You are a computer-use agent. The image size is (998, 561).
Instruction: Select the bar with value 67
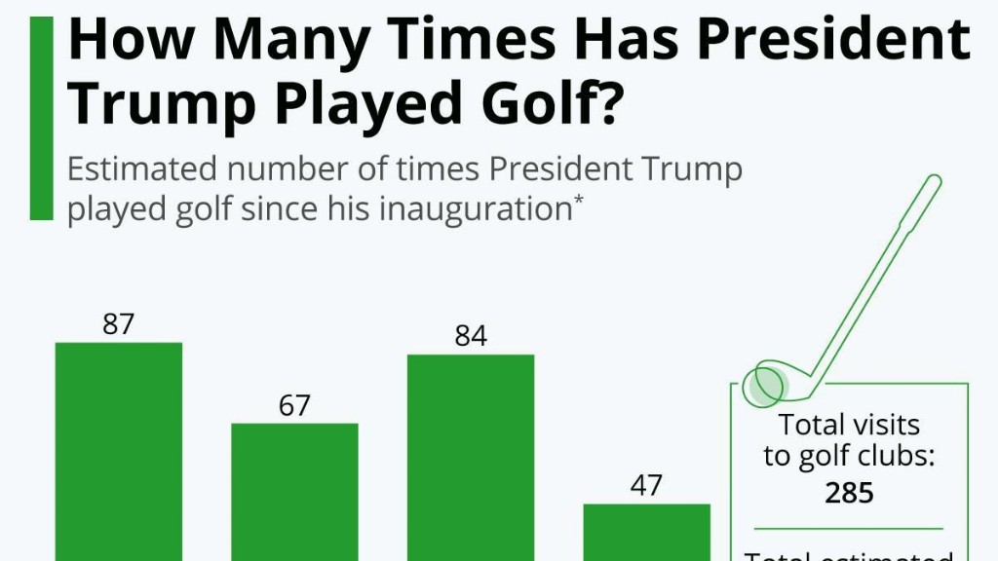tap(294, 492)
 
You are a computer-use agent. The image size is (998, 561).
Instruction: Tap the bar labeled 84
tap(471, 457)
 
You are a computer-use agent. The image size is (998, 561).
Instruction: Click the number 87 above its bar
tap(118, 324)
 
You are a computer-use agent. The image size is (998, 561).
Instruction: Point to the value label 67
tap(294, 405)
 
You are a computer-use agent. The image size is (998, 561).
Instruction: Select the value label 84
tap(471, 337)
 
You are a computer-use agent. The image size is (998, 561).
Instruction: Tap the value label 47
tap(647, 486)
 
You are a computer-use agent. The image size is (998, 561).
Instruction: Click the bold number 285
tap(849, 493)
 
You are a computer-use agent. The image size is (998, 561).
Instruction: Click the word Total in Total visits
tap(812, 425)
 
